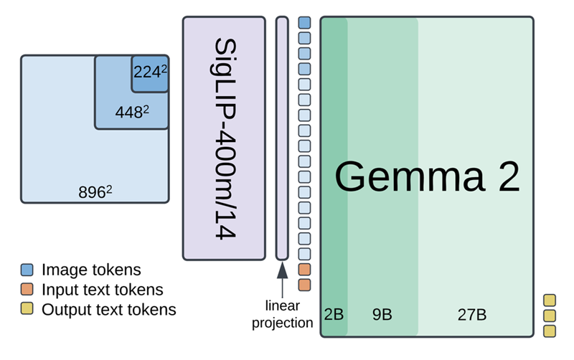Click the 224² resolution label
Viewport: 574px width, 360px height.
click(150, 72)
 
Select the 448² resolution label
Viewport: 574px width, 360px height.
click(132, 112)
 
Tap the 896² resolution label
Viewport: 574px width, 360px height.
click(95, 191)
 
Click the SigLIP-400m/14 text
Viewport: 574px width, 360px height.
click(225, 138)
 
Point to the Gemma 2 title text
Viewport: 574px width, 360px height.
click(427, 176)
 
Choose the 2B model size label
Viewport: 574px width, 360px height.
click(334, 314)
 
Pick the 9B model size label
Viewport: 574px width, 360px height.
click(382, 314)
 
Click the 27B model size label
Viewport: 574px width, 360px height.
click(472, 315)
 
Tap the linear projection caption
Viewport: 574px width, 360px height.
click(282, 314)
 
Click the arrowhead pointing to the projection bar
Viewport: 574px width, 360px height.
click(282, 271)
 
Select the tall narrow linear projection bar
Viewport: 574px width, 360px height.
click(282, 138)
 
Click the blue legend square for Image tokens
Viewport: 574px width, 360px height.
click(27, 270)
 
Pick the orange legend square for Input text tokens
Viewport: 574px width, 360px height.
click(27, 289)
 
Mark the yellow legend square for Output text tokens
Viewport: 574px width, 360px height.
click(27, 308)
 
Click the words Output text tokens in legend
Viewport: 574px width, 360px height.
click(109, 310)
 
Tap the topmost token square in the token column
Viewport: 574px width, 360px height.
click(304, 22)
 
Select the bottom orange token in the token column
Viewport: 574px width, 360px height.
click(304, 285)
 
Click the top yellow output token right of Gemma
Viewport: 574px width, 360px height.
click(550, 300)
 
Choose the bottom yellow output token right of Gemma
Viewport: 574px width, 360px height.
click(550, 331)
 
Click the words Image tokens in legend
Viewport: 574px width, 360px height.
click(91, 270)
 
